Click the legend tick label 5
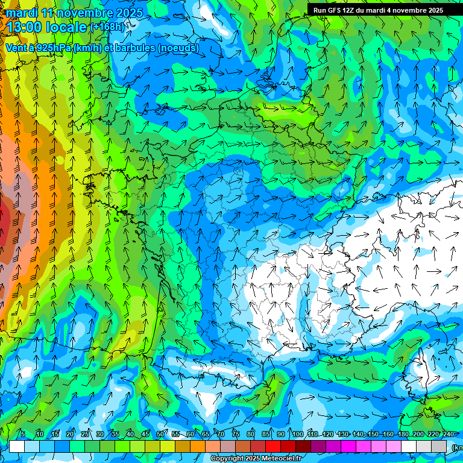(x=23, y=434)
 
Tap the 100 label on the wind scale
(x=297, y=434)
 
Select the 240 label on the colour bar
(x=449, y=434)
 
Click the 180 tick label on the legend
(x=402, y=434)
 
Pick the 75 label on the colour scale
(x=236, y=434)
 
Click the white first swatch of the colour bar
(x=17, y=447)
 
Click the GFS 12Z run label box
(x=378, y=10)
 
